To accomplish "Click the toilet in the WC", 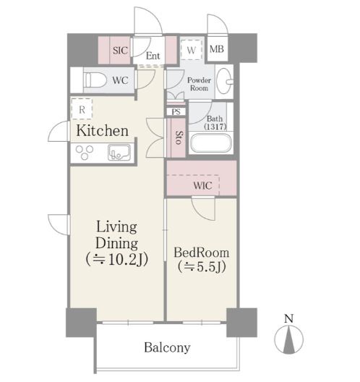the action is coord(95,80).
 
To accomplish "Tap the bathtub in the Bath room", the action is coord(211,143).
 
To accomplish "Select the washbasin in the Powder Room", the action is coord(224,81).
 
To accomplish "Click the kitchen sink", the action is coord(119,152).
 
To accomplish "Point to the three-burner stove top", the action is coord(85,152).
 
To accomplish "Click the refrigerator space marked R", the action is coord(82,109).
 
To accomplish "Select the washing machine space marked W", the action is coord(192,50).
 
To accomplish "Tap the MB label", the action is coord(217,49).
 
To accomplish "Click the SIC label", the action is coord(120,51).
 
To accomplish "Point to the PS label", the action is coord(176,112).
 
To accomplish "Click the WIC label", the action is coord(202,186).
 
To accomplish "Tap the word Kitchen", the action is coord(102,130).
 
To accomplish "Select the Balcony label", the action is coord(167,348).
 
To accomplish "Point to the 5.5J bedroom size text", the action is coord(202,267).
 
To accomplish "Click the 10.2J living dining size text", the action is coord(117,260).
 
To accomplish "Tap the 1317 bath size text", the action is coord(215,127).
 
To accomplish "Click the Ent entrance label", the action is coord(153,56).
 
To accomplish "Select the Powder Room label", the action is coord(199,84).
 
